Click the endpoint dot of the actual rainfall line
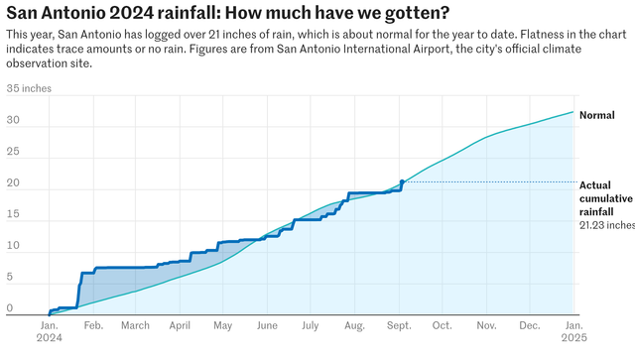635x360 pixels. click(x=402, y=181)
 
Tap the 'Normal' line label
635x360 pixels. click(x=596, y=115)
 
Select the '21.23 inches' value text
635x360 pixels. click(x=607, y=225)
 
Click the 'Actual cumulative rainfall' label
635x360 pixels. click(x=606, y=198)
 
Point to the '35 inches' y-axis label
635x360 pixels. click(x=29, y=88)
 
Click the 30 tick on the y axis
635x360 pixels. click(x=13, y=120)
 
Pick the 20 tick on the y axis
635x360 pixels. click(x=13, y=182)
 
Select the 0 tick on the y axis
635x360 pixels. click(x=10, y=308)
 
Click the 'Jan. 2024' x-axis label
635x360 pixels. click(x=50, y=331)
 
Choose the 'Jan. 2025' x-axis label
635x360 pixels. click(x=573, y=331)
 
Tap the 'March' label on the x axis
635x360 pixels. click(x=135, y=326)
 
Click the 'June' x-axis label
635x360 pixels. click(x=267, y=326)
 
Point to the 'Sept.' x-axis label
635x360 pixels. click(x=399, y=326)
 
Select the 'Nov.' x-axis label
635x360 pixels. click(x=486, y=326)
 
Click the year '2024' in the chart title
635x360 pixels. click(x=132, y=13)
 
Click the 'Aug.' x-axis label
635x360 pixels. click(x=355, y=326)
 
